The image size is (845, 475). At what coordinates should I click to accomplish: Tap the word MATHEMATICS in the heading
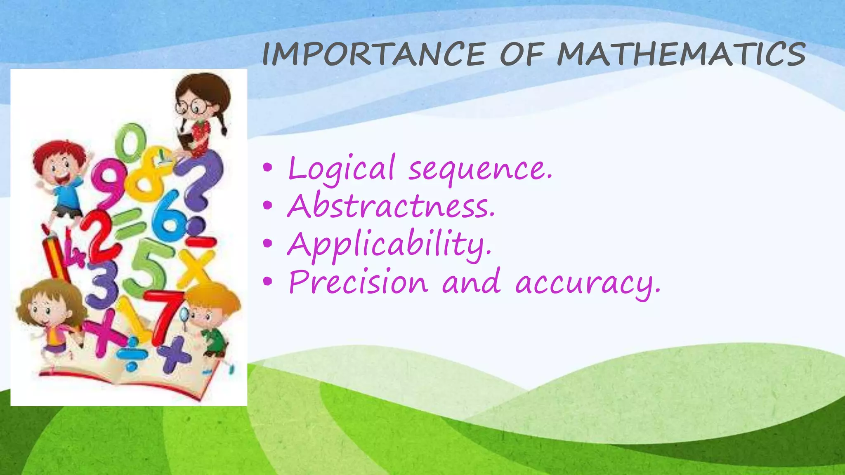pos(681,54)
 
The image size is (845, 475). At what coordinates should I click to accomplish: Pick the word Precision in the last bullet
pos(358,282)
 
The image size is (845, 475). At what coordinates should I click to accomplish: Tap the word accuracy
pos(588,284)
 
